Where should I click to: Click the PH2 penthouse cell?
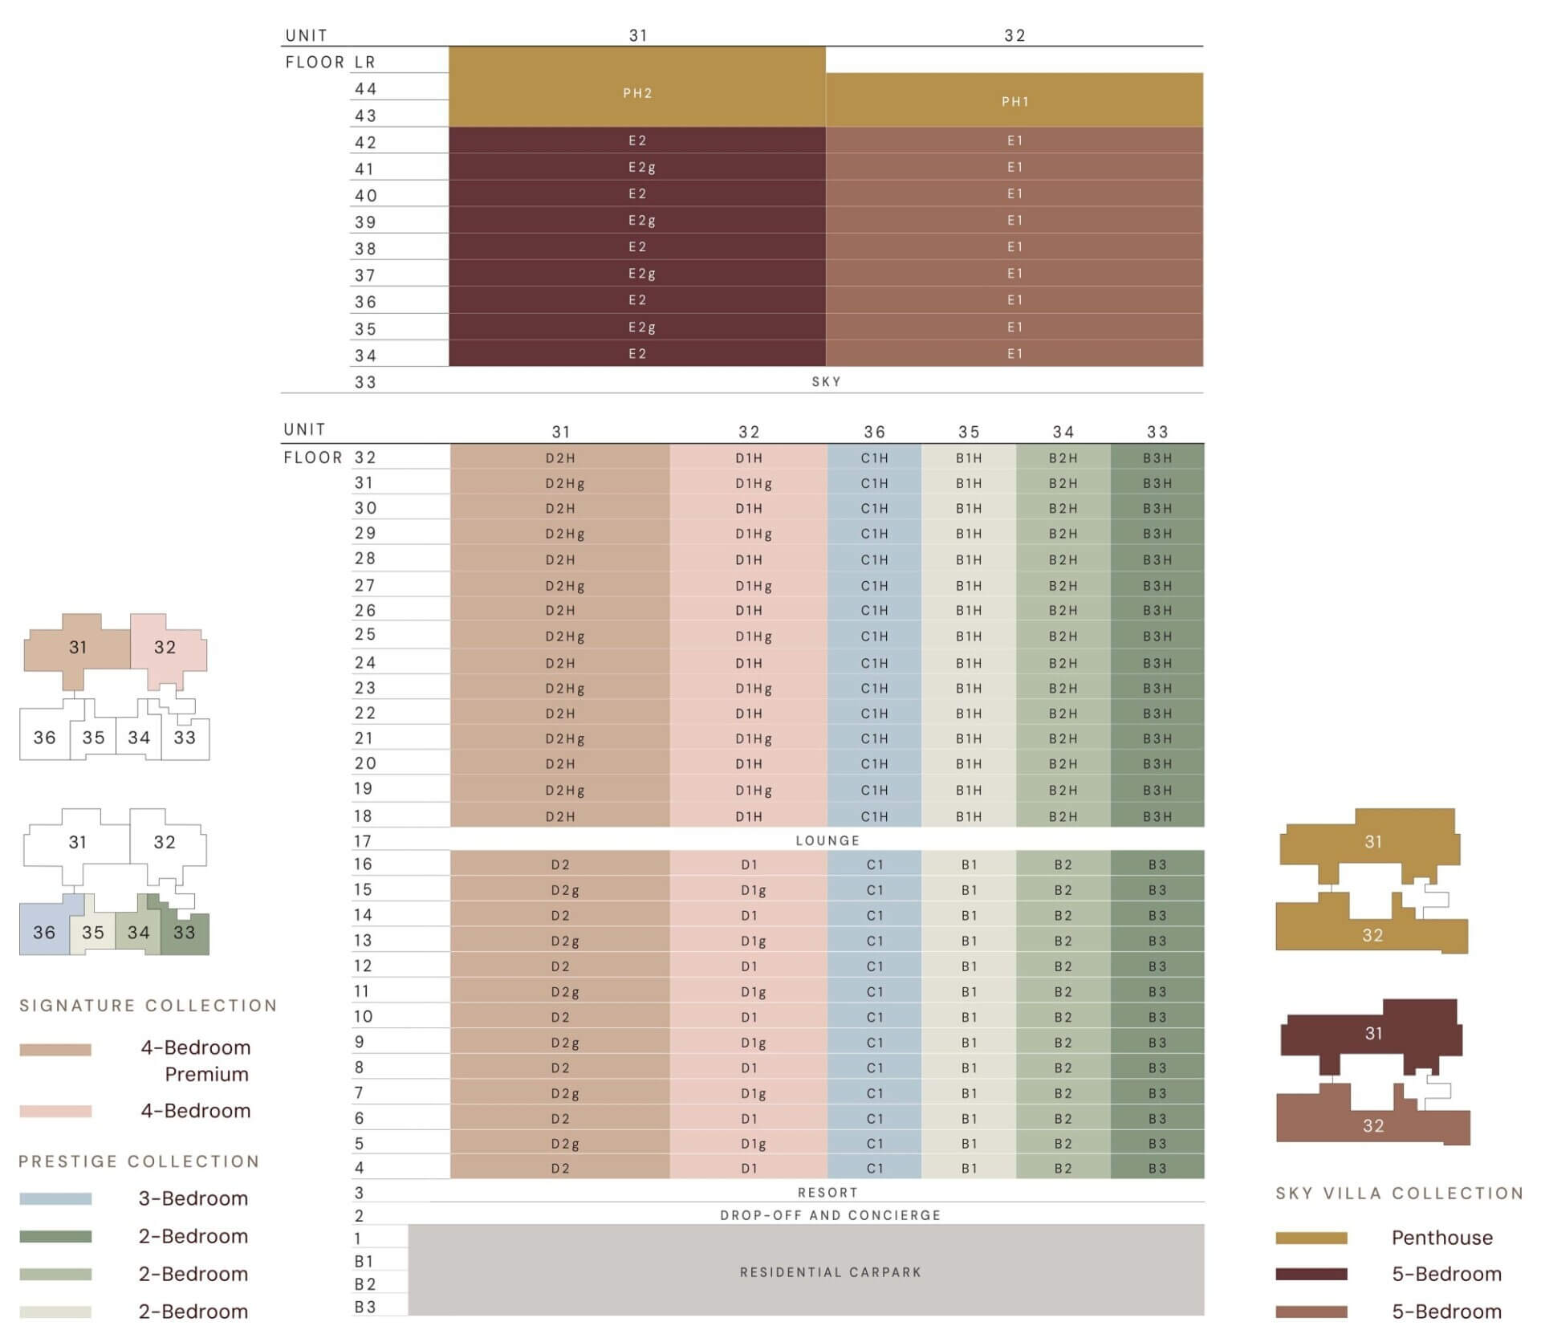point(637,93)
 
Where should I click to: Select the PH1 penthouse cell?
point(1014,102)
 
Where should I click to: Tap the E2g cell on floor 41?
point(641,167)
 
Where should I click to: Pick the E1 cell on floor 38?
point(1014,246)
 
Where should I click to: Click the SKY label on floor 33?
point(826,381)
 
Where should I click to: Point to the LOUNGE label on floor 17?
point(827,840)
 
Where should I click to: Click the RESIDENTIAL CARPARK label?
point(830,1272)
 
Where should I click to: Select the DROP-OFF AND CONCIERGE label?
point(830,1215)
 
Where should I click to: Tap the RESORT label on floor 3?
point(827,1193)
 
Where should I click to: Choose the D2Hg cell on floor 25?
point(565,636)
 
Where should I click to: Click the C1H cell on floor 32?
point(874,458)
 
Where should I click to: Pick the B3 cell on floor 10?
point(1157,1017)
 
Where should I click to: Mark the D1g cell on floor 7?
point(753,1093)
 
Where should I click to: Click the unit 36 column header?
point(874,432)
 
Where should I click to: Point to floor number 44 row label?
point(366,89)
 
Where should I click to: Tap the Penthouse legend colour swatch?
point(1311,1238)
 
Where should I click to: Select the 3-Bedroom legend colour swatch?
point(55,1198)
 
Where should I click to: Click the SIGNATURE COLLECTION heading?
point(148,1006)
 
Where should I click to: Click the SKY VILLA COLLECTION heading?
point(1399,1194)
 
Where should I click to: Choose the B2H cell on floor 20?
point(1063,764)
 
